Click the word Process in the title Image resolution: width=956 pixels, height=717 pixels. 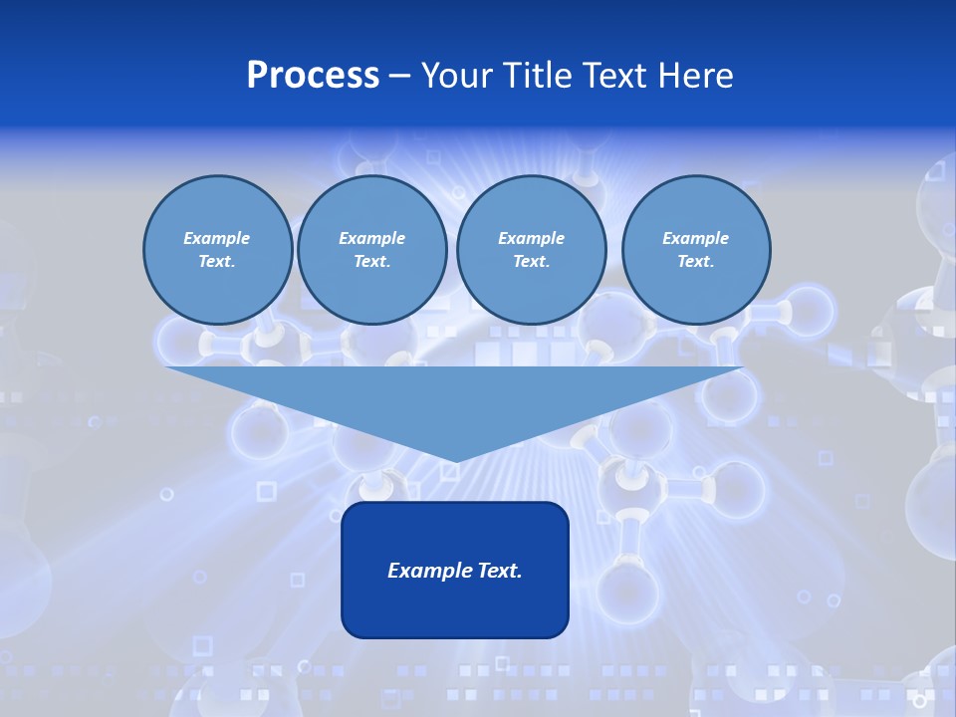[x=313, y=76]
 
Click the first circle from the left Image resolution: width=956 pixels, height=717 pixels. [x=218, y=250]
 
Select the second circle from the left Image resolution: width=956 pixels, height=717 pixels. [x=372, y=250]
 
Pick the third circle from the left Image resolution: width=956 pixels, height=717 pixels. [x=532, y=250]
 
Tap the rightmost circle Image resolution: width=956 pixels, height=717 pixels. [x=696, y=250]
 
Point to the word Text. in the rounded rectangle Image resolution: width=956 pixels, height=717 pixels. [x=499, y=571]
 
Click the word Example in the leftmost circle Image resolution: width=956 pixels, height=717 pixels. [x=217, y=238]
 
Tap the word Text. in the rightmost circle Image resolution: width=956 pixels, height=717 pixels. [x=696, y=262]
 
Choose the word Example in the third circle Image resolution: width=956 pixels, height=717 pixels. [x=532, y=238]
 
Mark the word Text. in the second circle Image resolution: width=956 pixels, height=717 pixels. [x=372, y=262]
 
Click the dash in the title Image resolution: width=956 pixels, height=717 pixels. [x=399, y=76]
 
